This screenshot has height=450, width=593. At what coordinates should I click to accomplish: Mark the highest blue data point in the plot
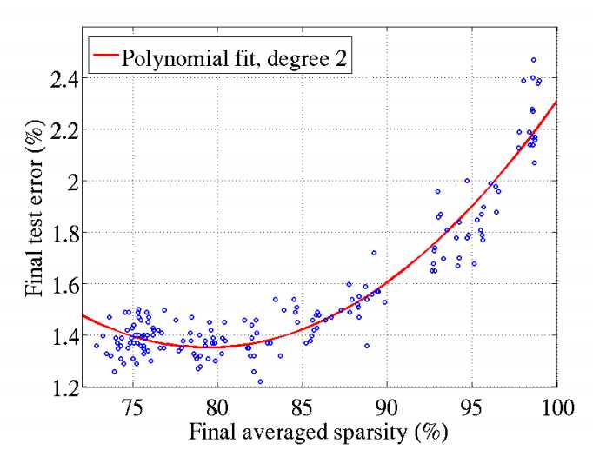point(533,60)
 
